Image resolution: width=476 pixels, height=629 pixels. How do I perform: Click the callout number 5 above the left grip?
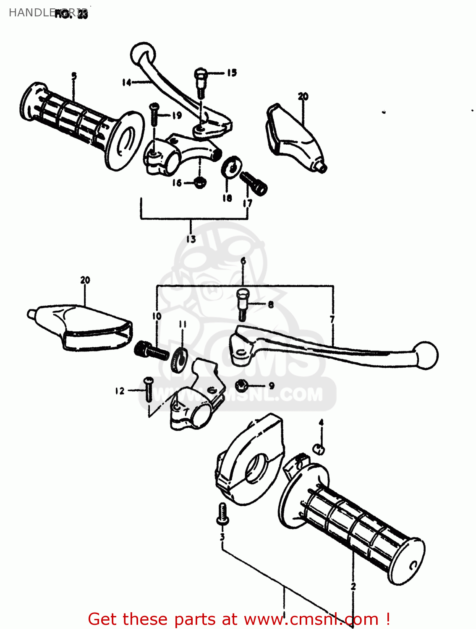74,76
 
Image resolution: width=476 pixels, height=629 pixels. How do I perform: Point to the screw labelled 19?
154,113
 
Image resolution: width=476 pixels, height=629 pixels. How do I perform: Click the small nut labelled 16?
200,182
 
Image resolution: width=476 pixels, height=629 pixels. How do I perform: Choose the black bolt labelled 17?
254,183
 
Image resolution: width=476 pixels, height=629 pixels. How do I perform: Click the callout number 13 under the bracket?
191,239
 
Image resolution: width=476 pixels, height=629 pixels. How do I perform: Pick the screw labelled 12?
149,389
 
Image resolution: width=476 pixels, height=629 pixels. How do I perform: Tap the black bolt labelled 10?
151,351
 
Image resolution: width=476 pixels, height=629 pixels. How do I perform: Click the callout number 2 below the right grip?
353,586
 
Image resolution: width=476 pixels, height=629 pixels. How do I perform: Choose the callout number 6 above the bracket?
243,262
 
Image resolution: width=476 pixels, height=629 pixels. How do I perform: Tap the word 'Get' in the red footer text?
103,619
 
